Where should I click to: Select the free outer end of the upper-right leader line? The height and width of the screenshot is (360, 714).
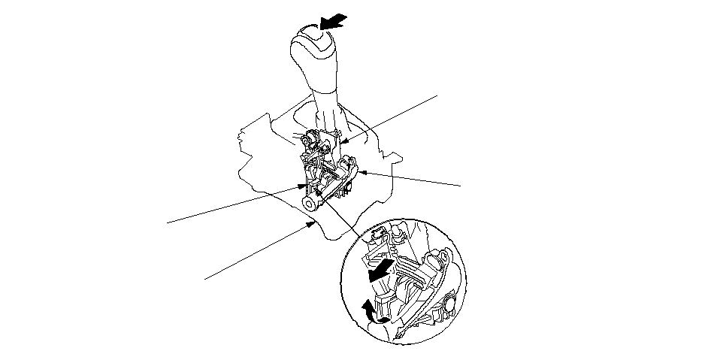pos(436,95)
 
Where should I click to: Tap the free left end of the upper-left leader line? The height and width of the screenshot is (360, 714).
pos(167,222)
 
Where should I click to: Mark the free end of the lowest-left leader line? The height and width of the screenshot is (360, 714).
pos(205,279)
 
